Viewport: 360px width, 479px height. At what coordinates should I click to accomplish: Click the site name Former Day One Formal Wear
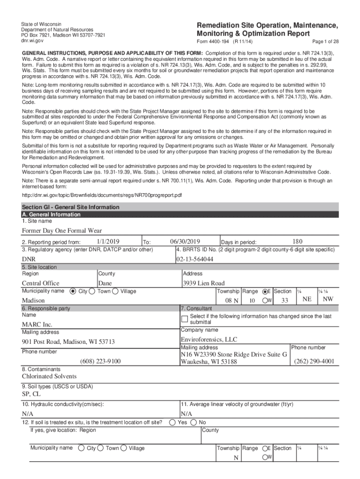(x=62, y=230)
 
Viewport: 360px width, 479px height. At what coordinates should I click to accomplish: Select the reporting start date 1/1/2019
(x=108, y=241)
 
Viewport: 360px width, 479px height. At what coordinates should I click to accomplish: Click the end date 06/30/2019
(x=185, y=241)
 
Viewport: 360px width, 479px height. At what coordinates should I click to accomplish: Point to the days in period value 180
(x=297, y=241)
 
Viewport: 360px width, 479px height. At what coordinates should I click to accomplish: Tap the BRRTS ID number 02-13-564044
(x=195, y=259)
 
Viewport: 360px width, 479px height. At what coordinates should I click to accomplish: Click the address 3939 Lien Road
(x=203, y=283)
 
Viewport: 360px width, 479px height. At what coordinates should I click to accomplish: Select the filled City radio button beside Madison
(x=72, y=291)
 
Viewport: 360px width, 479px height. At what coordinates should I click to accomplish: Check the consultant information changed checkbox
(x=185, y=319)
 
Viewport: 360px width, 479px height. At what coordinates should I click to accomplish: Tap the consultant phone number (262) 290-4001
(x=314, y=361)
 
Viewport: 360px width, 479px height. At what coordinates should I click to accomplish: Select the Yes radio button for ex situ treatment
(x=173, y=422)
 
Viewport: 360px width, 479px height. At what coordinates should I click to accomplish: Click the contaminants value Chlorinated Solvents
(x=49, y=376)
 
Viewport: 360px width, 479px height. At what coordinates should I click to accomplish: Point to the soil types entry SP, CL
(x=31, y=394)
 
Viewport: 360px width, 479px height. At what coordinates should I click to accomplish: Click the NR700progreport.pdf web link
(x=102, y=195)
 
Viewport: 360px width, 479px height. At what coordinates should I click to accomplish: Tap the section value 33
(x=285, y=300)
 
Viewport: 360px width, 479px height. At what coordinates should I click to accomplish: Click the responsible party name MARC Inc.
(x=37, y=324)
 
